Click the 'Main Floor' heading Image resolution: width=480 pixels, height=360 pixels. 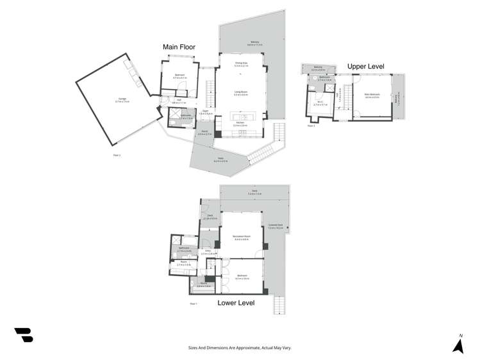[179, 47]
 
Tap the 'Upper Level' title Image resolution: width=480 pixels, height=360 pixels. [366, 65]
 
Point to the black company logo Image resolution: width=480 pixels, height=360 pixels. [24, 334]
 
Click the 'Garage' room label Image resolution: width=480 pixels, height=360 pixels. [121, 99]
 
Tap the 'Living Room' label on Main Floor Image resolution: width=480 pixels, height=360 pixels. [241, 92]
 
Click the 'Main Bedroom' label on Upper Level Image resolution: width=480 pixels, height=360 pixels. [372, 95]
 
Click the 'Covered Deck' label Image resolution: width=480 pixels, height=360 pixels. [276, 225]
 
